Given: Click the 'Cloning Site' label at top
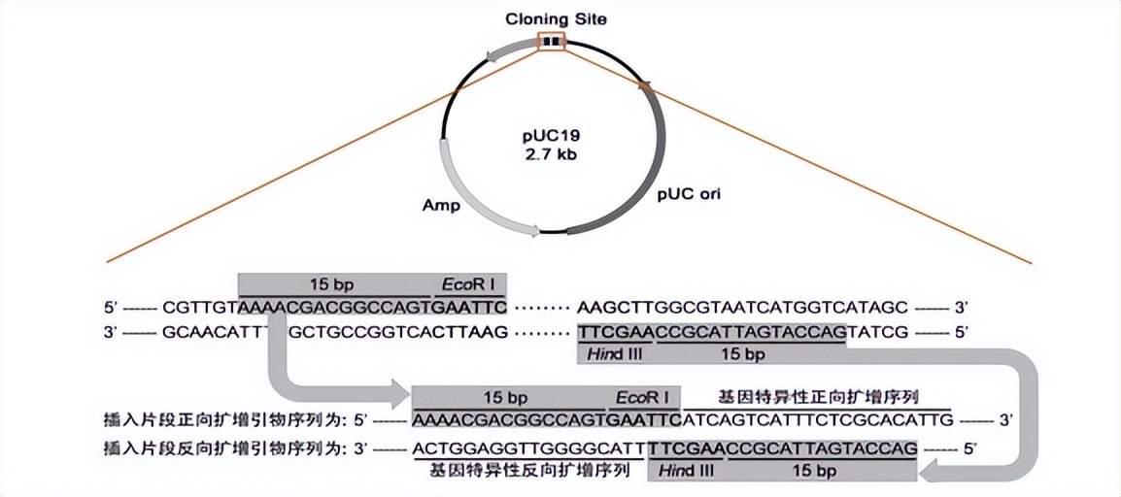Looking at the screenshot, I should coord(550,17).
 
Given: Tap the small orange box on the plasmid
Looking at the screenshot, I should coord(551,42).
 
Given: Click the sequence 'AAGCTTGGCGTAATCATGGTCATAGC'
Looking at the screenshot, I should coord(742,308).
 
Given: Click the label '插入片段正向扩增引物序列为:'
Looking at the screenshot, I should coord(222,420).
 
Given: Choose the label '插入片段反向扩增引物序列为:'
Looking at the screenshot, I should coord(222,448).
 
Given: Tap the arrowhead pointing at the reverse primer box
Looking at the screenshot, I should coord(933,472).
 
